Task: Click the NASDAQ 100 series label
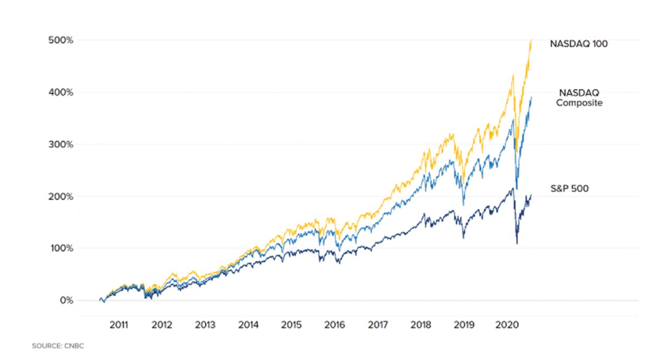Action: pyautogui.click(x=578, y=43)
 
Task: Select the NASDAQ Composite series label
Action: pyautogui.click(x=579, y=98)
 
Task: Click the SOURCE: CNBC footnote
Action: pyautogui.click(x=57, y=346)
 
